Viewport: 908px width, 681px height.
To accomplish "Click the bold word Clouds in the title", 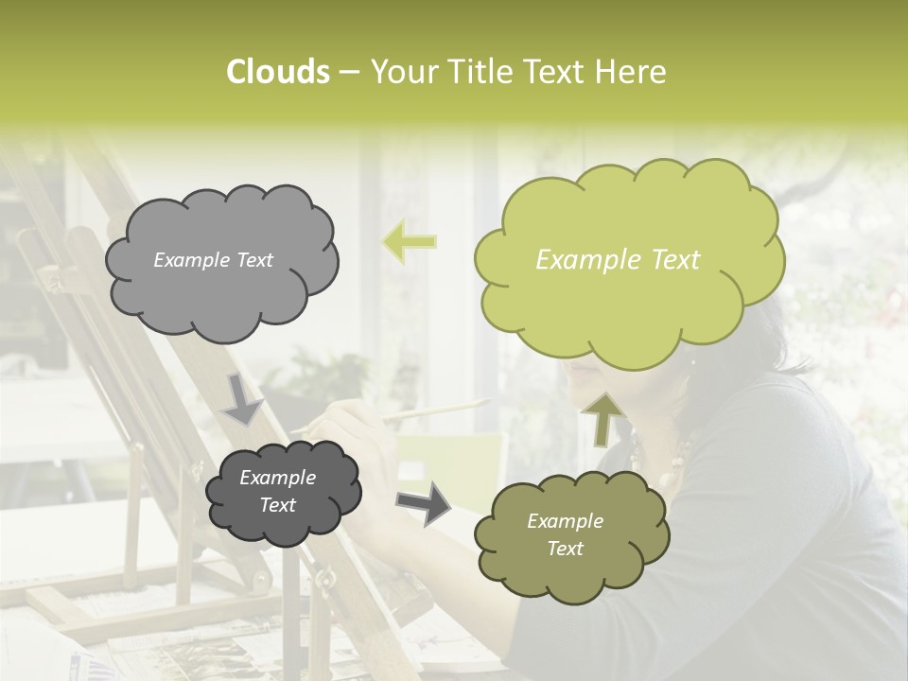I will click(277, 72).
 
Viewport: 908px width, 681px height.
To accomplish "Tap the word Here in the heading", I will click(632, 72).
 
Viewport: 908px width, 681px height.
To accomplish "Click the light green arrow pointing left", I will click(410, 241).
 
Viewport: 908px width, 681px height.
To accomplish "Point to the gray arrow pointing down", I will click(242, 398).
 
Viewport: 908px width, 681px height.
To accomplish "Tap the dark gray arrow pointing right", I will click(424, 503).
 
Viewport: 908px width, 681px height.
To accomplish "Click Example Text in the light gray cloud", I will click(213, 260).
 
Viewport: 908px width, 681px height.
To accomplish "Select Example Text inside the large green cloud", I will click(618, 260).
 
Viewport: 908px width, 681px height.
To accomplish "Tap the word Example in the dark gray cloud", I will click(277, 478).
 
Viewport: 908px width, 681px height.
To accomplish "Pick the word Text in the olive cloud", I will click(565, 549).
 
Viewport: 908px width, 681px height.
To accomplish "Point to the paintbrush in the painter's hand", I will click(435, 410).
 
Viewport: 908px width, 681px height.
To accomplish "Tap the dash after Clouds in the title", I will click(349, 72).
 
